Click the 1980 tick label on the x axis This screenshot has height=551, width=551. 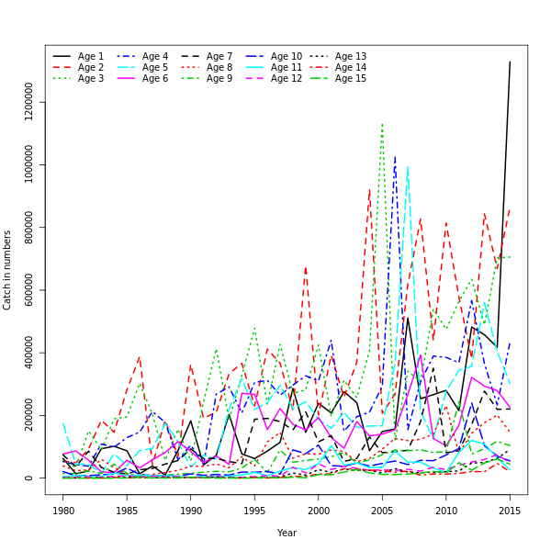point(63,511)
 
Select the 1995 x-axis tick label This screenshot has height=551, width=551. point(254,511)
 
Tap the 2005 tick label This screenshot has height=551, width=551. point(382,511)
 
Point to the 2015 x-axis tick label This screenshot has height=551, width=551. point(510,511)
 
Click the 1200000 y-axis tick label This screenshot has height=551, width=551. point(29,102)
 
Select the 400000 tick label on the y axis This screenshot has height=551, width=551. point(29,353)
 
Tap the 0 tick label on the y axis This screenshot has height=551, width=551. point(29,478)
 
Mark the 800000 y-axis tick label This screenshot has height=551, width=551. point(29,227)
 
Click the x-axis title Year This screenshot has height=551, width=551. point(287,533)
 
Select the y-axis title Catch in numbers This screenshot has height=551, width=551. point(7,270)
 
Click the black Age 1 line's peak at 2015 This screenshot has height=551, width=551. point(510,62)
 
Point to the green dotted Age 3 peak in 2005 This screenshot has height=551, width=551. point(382,123)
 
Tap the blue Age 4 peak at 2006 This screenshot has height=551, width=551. point(395,156)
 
